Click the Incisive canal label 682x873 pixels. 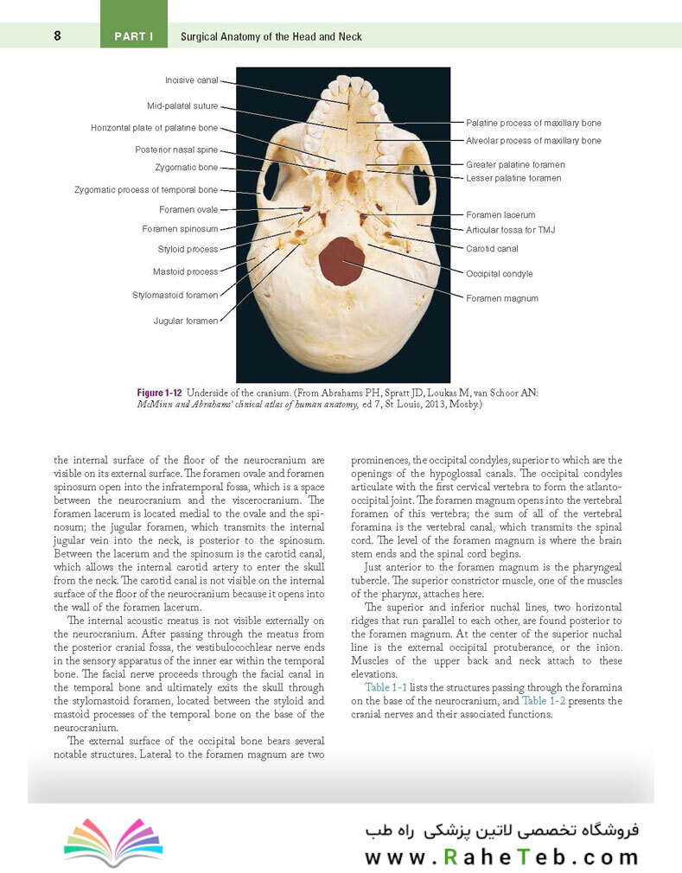pos(191,80)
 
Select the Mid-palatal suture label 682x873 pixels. pos(182,106)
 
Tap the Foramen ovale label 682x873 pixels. pos(188,209)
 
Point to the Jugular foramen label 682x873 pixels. pos(186,321)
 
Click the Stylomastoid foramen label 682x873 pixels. pos(175,295)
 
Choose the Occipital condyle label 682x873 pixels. pos(499,274)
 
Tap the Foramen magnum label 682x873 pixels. pos(501,298)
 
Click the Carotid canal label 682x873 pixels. pos(492,248)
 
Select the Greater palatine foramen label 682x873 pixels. pos(515,164)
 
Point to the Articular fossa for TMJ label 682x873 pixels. pos(510,230)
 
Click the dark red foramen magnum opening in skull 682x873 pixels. pos(341,261)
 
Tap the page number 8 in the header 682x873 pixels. pos(57,36)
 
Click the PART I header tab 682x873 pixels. pos(133,36)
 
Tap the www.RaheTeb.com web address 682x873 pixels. pos(500,857)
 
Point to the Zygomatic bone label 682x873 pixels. pos(186,168)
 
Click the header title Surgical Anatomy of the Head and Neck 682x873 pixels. pos(271,36)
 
